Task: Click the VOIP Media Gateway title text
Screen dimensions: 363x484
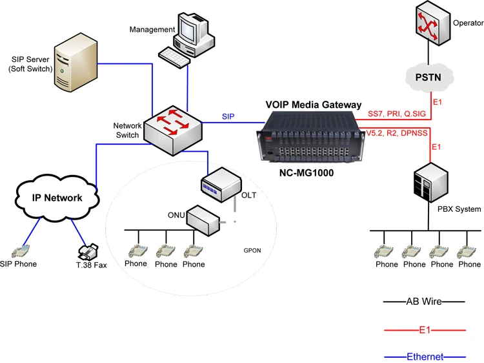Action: click(314, 105)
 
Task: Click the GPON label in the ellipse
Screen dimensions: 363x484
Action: click(252, 249)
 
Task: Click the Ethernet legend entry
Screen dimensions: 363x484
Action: click(425, 357)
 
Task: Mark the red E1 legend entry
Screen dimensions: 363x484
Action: click(425, 329)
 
